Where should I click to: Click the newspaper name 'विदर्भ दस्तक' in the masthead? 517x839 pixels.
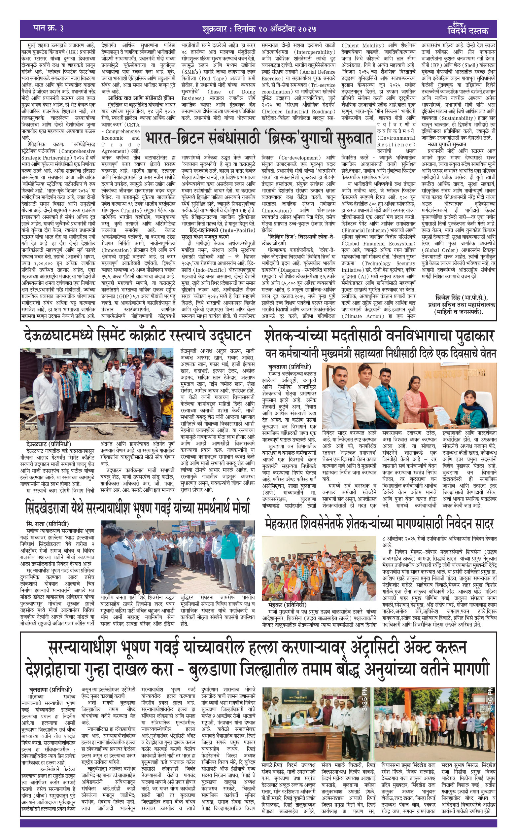(468, 31)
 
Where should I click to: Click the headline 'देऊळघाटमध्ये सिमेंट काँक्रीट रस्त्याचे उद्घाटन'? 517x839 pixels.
(137, 335)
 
